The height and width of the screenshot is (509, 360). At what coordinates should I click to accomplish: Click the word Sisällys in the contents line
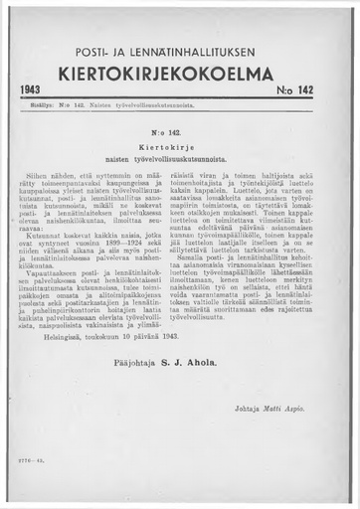(x=38, y=104)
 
